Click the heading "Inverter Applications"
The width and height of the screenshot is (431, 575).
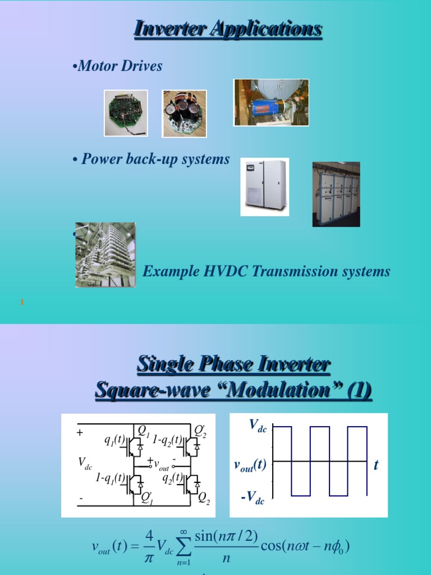point(227,29)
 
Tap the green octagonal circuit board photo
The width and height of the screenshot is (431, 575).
point(126,113)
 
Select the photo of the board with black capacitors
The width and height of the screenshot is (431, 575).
point(185,113)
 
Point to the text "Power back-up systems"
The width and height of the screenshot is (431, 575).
point(155,159)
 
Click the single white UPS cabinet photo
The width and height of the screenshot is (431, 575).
point(264,186)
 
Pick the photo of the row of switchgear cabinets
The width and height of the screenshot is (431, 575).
point(336,194)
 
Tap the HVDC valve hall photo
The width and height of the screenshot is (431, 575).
point(106,254)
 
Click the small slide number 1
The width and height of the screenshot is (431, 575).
point(22,303)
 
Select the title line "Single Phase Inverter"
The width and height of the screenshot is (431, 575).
point(233,365)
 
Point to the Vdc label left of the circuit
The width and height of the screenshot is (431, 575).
point(85,463)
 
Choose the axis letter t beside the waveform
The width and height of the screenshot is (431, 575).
point(376,464)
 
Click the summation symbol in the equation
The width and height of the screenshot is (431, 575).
point(183,545)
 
